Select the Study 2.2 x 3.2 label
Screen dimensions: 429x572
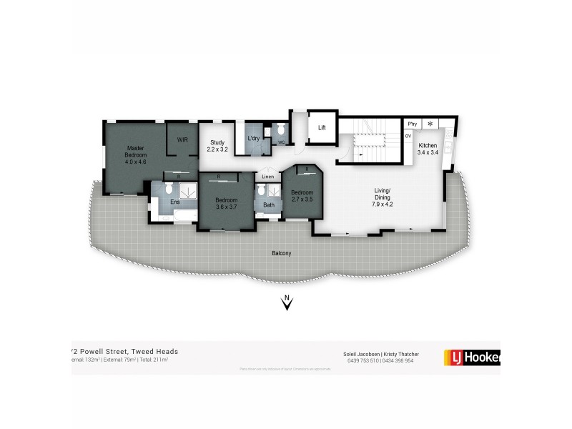217,146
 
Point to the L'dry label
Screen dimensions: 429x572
253,139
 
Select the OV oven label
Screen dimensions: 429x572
408,136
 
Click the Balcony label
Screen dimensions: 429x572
282,254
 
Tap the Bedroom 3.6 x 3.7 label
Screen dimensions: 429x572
226,203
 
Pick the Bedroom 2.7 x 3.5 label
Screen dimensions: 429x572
302,195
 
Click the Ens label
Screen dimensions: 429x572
175,202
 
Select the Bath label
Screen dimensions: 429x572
268,205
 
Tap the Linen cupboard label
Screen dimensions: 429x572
267,177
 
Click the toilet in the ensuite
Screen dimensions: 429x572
168,189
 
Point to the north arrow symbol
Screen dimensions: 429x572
287,303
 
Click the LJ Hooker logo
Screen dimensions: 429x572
472,356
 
